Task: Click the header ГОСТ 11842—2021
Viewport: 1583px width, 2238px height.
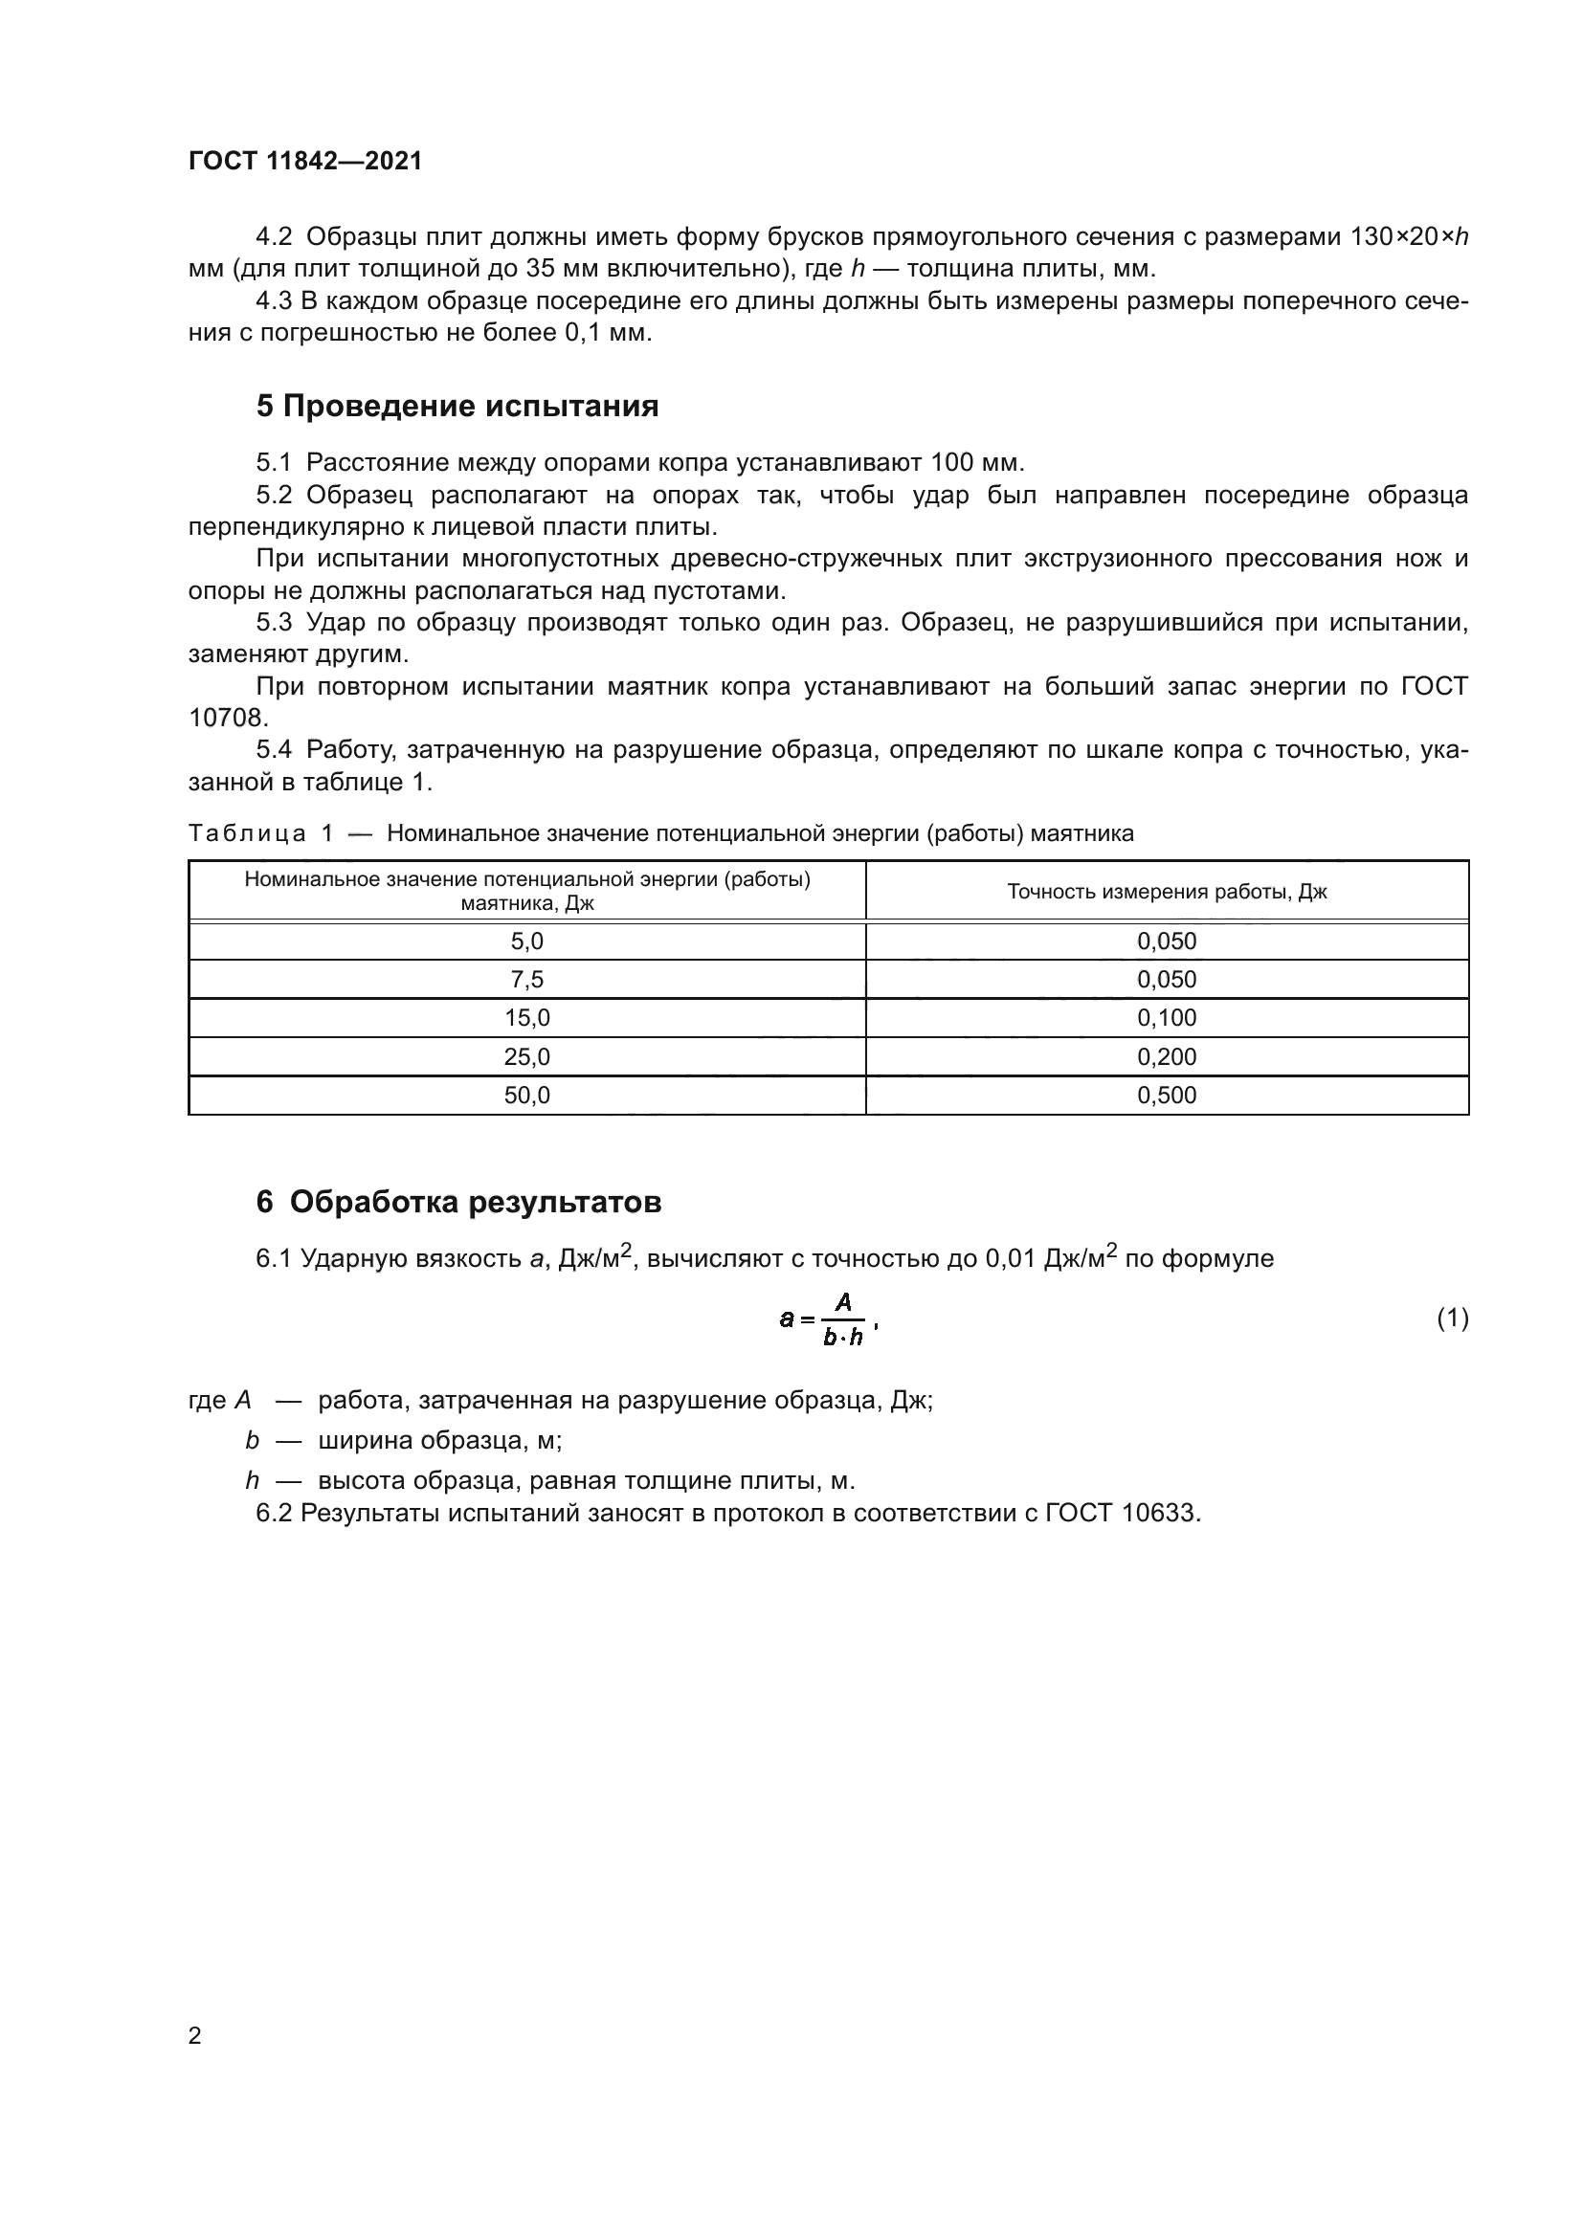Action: (305, 161)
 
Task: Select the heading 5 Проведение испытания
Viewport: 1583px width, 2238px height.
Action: (457, 406)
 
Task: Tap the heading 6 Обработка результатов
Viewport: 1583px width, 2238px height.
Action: (458, 1202)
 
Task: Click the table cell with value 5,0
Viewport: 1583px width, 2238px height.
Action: (526, 941)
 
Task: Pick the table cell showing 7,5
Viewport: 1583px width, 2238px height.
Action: (526, 979)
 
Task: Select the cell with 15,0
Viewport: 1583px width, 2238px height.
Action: (526, 1018)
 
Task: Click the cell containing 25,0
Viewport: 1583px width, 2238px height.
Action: (526, 1055)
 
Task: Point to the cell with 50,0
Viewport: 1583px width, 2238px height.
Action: (526, 1095)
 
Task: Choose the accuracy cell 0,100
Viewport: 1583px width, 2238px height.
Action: (1166, 1018)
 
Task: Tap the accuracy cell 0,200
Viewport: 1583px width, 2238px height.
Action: (1166, 1055)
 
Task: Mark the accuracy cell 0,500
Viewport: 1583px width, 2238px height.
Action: (1166, 1095)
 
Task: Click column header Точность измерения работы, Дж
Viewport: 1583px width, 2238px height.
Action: (1166, 891)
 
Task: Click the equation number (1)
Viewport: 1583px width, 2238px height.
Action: (1452, 1318)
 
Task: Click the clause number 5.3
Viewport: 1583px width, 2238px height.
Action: (274, 622)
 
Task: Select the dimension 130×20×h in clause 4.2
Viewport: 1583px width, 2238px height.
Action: (1409, 237)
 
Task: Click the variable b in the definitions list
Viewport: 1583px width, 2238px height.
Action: (253, 1440)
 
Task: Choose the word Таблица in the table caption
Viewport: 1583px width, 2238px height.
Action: (248, 833)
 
